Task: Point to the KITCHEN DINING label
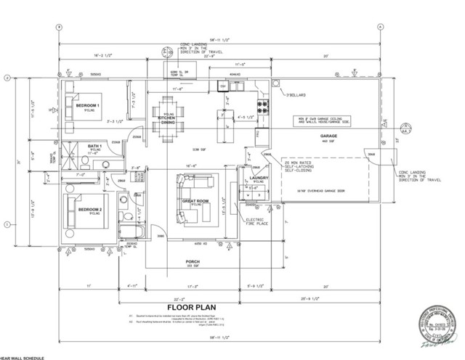coord(168,120)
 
